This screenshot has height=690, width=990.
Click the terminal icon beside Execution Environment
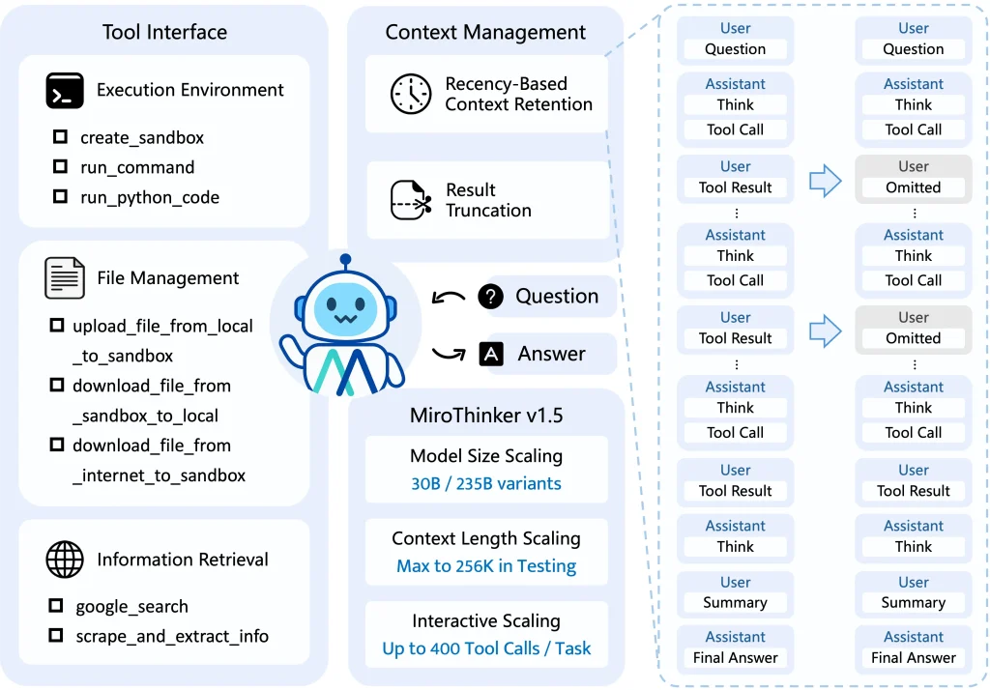pos(65,91)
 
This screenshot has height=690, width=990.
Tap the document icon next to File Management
pos(65,278)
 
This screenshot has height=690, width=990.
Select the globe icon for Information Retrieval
pos(65,560)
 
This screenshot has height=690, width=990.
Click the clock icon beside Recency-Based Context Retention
pos(411,94)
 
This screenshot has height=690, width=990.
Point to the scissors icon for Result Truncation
pos(411,200)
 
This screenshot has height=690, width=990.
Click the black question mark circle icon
pos(491,297)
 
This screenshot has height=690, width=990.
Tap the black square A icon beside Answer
pos(491,354)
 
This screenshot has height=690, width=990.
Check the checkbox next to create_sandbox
pos(60,137)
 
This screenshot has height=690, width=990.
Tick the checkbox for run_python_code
pos(60,197)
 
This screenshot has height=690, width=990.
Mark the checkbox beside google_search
pos(56,606)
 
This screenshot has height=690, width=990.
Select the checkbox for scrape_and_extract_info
pos(56,636)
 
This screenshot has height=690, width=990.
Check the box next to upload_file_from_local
pos(56,327)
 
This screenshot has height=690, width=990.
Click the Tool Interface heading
pos(164,32)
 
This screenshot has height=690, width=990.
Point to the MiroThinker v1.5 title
pos(486,417)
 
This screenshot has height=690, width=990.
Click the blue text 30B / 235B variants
pos(486,483)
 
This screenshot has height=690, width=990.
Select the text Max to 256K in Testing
pos(486,566)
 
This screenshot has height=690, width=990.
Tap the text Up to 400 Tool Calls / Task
pos(486,648)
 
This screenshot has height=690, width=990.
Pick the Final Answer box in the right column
pos(913,658)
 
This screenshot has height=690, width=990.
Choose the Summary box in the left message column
pos(735,602)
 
